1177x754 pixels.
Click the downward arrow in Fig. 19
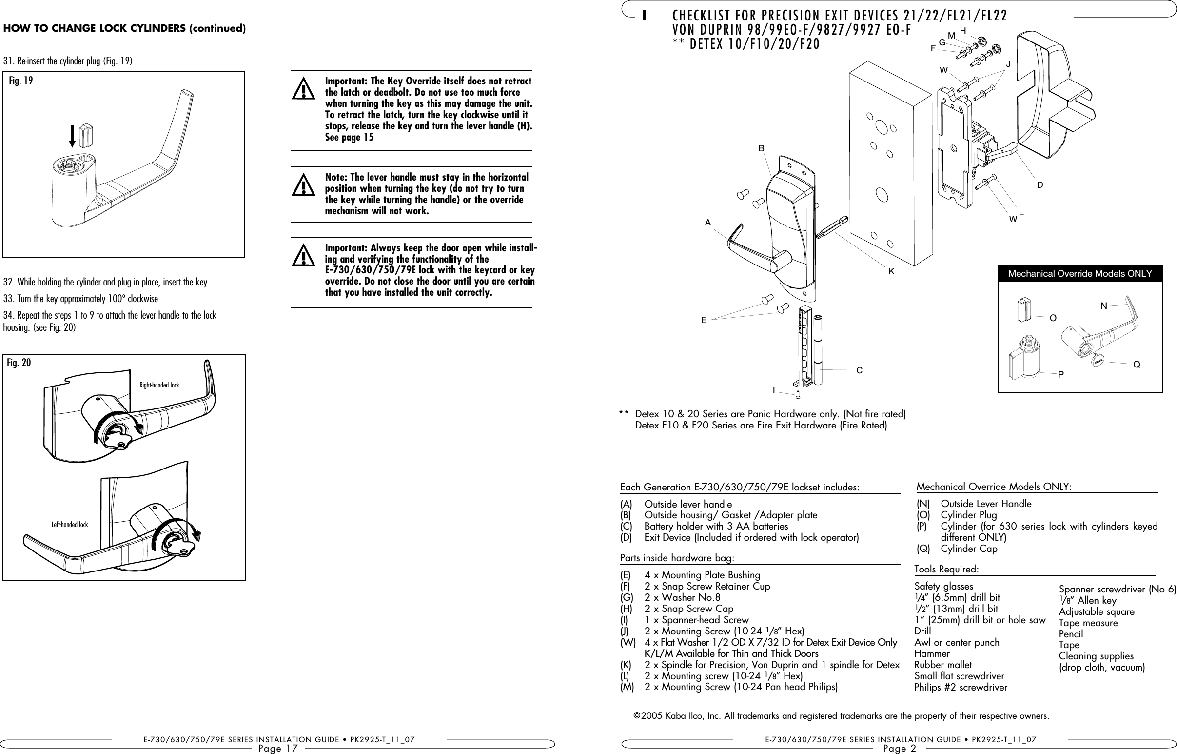[x=72, y=136]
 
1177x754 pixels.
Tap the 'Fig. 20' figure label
[x=19, y=363]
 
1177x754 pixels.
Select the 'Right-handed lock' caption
[x=159, y=386]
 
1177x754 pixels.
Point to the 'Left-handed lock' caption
[x=69, y=525]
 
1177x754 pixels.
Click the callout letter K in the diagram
[x=891, y=271]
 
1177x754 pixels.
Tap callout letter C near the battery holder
[x=859, y=370]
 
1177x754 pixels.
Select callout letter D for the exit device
[x=1040, y=185]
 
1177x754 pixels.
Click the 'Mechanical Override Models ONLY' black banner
[x=1080, y=274]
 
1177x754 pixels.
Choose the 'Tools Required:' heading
[x=946, y=570]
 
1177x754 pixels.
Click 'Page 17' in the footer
[x=278, y=748]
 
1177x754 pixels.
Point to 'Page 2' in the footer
[x=900, y=748]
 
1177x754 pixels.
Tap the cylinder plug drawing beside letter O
[x=1024, y=309]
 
